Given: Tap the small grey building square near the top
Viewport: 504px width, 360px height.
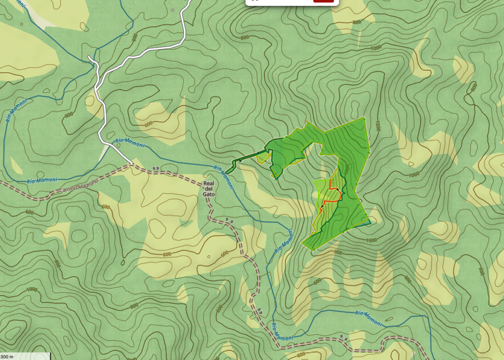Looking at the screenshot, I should click(x=172, y=10).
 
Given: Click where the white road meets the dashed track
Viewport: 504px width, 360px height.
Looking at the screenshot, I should click(x=132, y=163).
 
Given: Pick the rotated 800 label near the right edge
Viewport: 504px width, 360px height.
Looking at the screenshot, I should click(x=473, y=88).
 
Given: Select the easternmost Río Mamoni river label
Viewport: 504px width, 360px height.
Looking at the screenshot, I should click(x=368, y=318).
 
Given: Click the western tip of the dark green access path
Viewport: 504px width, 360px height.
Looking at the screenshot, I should click(x=227, y=173).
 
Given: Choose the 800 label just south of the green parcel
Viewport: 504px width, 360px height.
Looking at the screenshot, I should click(x=338, y=252).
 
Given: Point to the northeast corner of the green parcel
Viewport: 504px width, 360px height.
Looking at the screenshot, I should click(x=364, y=118).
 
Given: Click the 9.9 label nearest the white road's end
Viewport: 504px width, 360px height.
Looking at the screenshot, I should click(x=156, y=169).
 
